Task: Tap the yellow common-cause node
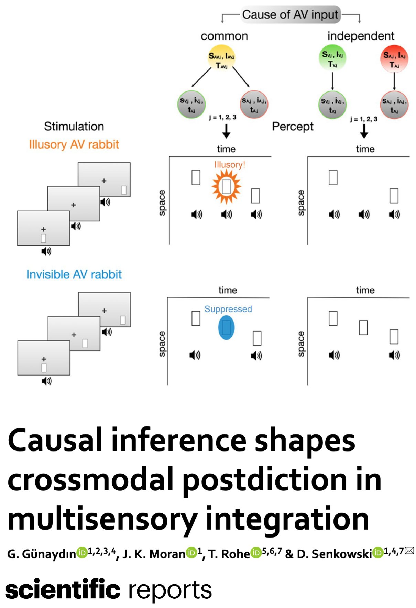coord(221,60)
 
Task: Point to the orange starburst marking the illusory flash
coord(226,187)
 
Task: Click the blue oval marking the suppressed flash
coord(226,327)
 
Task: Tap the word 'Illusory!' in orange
coord(230,165)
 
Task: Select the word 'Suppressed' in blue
coord(228,309)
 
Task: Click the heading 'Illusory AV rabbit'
coord(74,144)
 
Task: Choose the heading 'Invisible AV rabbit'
coord(74,274)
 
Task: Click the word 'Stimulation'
coord(74,126)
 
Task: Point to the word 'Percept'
coord(293,127)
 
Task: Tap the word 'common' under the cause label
coord(224,36)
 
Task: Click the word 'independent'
coord(361,36)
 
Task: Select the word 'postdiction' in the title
coord(264,480)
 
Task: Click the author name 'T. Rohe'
coord(229,554)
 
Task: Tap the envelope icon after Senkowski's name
coord(409,551)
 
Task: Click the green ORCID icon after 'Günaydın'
coord(81,553)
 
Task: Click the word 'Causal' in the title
coord(55,441)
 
